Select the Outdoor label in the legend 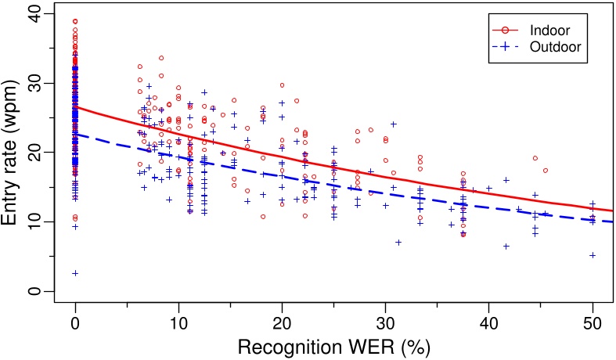pos(557,47)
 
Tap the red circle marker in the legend pos(506,31)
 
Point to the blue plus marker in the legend pos(506,47)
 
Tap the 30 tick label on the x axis pos(385,322)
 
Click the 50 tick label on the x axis pos(593,322)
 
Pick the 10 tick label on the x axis pos(178,322)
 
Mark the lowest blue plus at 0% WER pos(75,273)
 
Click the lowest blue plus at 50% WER pos(593,255)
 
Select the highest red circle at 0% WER pos(75,21)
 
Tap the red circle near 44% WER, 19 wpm pos(535,158)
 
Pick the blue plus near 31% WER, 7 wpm pos(398,243)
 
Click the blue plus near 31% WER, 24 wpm pos(394,124)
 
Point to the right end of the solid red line pos(613,211)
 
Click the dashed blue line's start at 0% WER pos(75,134)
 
